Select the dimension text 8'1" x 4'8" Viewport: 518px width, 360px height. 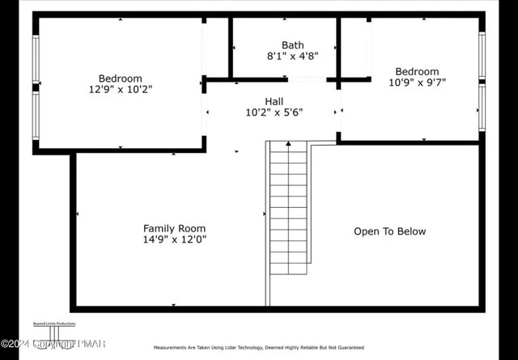(x=292, y=57)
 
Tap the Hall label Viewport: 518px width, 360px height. (x=274, y=101)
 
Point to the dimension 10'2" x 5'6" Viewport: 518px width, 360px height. (x=274, y=113)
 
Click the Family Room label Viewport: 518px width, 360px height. (x=174, y=228)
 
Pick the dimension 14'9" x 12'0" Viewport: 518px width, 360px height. (x=174, y=240)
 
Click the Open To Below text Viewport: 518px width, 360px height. (x=389, y=231)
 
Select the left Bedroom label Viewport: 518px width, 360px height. (x=120, y=78)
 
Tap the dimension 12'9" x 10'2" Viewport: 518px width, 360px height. (x=120, y=90)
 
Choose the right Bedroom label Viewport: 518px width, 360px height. (x=417, y=71)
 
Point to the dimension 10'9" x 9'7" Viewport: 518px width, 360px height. (x=417, y=83)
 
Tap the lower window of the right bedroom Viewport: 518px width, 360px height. (x=482, y=108)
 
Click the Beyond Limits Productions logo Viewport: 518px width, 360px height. (x=54, y=332)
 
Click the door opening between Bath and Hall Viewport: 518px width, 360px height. (x=307, y=79)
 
